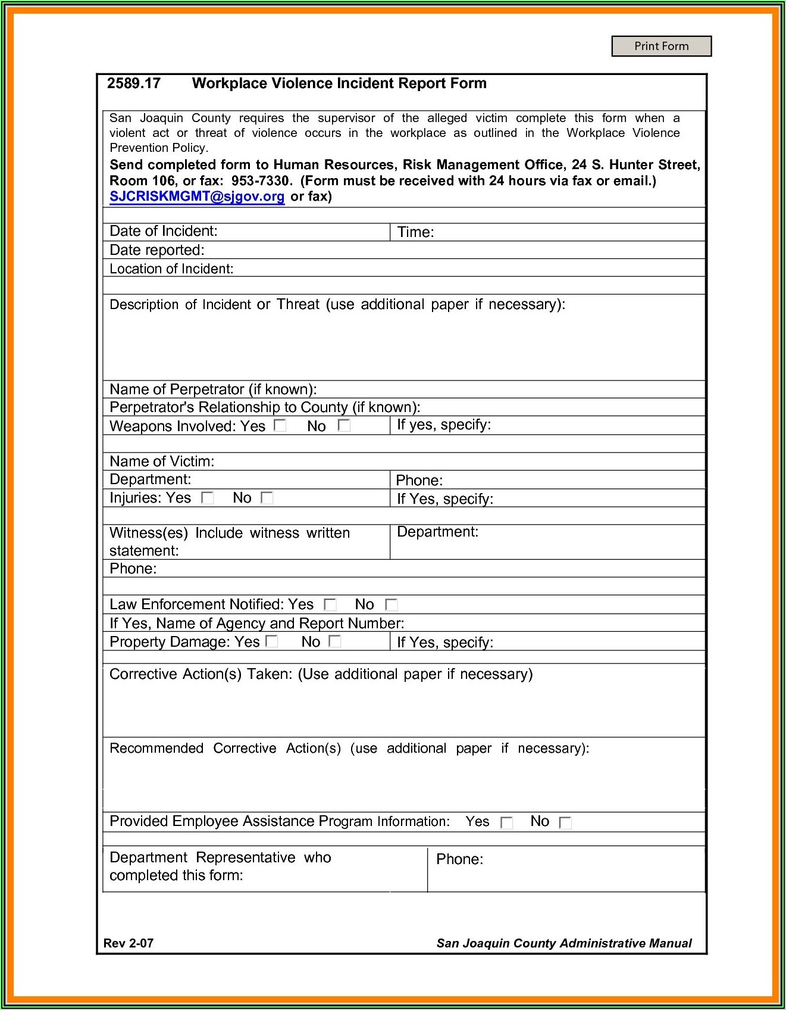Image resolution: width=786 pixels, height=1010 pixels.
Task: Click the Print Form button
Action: (661, 46)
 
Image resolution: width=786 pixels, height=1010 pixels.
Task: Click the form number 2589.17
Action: (134, 83)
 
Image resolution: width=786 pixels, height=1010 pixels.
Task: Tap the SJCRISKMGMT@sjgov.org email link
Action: (197, 197)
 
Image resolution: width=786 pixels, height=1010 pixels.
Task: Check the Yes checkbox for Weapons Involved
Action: (280, 425)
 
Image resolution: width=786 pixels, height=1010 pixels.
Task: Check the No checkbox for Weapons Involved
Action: (344, 425)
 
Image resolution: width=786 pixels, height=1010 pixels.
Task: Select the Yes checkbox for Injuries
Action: (207, 498)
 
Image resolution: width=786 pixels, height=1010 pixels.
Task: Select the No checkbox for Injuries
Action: (267, 498)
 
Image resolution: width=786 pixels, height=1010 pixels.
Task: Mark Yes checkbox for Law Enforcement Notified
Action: (330, 605)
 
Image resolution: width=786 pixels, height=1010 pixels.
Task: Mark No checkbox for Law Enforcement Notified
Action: (391, 605)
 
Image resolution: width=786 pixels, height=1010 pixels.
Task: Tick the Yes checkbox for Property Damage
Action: (272, 641)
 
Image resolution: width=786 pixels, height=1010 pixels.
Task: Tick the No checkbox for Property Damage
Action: (335, 641)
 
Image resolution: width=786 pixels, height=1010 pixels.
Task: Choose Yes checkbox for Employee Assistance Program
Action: (506, 822)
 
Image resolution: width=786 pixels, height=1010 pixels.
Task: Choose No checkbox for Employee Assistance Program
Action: (565, 822)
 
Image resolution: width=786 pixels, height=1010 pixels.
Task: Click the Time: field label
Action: (415, 232)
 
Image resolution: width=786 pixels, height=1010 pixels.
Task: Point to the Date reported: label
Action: (156, 250)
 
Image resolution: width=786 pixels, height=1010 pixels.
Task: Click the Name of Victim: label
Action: (162, 462)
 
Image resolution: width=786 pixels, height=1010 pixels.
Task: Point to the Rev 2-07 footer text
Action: (129, 943)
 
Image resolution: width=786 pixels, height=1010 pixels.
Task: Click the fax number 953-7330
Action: (261, 181)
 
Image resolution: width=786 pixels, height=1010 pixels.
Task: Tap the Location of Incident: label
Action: (171, 269)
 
